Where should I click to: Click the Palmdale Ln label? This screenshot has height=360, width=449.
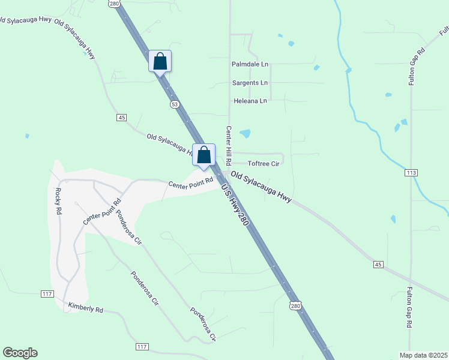[x=250, y=64]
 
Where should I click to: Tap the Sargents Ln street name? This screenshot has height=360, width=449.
[x=250, y=82]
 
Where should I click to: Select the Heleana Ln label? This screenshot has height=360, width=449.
[x=250, y=101]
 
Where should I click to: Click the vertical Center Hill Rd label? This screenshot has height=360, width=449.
[x=229, y=146]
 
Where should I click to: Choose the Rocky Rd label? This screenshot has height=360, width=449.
[x=58, y=202]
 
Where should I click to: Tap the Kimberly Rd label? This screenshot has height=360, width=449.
[x=86, y=308]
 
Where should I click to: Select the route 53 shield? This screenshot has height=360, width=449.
[x=174, y=104]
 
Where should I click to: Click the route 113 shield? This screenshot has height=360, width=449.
[x=411, y=173]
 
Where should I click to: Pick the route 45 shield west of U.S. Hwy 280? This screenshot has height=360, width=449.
[x=122, y=118]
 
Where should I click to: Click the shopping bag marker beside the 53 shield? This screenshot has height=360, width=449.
[x=160, y=61]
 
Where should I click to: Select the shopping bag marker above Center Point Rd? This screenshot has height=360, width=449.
[x=203, y=154]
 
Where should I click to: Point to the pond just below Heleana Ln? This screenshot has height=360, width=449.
[x=245, y=133]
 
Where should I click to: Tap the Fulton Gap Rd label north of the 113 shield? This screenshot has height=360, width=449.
[x=413, y=66]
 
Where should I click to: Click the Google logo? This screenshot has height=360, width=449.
[x=20, y=353]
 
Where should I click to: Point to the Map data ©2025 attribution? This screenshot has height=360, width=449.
[x=423, y=355]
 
